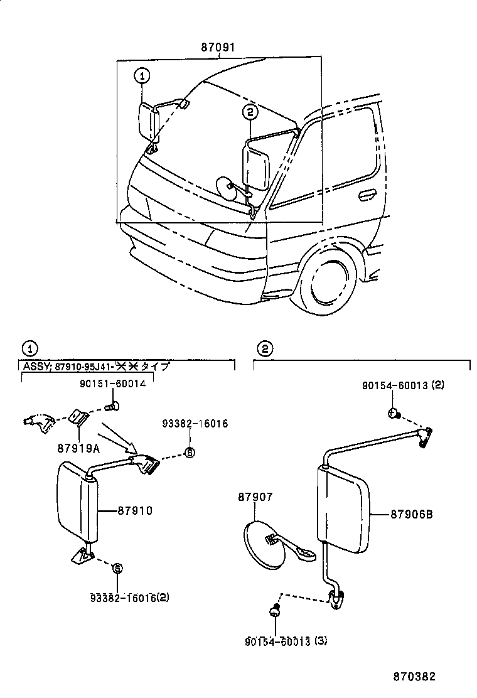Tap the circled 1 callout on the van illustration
click(x=142, y=76)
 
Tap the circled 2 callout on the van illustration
click(x=250, y=112)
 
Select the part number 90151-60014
click(x=112, y=384)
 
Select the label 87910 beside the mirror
click(x=135, y=511)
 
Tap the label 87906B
click(x=411, y=513)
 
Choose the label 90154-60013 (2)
click(x=403, y=385)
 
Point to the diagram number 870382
click(x=414, y=677)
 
